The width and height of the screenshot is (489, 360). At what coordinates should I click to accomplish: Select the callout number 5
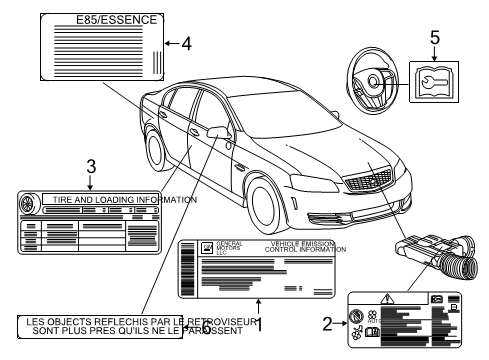(x=434, y=37)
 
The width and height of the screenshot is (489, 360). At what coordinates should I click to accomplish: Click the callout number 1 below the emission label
(x=259, y=323)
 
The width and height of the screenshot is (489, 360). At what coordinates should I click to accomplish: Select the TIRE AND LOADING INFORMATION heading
(x=117, y=199)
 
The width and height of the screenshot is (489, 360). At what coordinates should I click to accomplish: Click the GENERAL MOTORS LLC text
(x=228, y=248)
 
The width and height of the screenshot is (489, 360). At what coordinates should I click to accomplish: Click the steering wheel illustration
(x=374, y=84)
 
